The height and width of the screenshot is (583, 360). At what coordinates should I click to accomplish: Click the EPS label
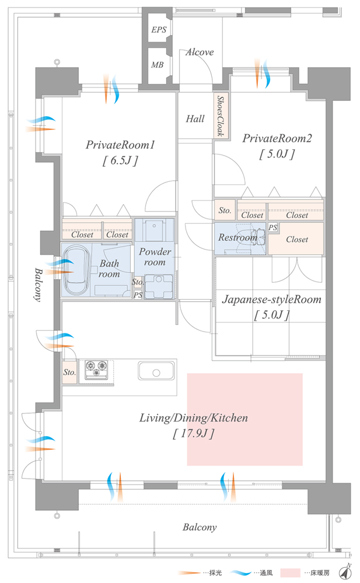(x=158, y=30)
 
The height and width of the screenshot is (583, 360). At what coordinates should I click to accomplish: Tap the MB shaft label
(x=157, y=65)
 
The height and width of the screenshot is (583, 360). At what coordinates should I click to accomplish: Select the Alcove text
(x=200, y=52)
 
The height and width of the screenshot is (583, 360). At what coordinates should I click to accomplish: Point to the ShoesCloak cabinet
(x=221, y=116)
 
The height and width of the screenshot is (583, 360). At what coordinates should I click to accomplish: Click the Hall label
(x=195, y=119)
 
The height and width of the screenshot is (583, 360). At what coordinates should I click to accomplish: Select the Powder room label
(x=155, y=257)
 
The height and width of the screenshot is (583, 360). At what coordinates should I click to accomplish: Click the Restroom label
(x=237, y=238)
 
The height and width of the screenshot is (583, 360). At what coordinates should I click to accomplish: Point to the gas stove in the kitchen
(x=97, y=370)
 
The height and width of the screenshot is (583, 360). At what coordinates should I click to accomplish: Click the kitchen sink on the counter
(x=156, y=371)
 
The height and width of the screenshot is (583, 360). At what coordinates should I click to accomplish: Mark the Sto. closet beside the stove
(x=69, y=371)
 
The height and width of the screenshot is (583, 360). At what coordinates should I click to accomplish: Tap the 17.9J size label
(x=193, y=433)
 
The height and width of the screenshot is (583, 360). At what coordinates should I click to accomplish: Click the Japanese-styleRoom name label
(x=271, y=301)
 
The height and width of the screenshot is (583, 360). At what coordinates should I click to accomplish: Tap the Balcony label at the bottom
(x=200, y=528)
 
